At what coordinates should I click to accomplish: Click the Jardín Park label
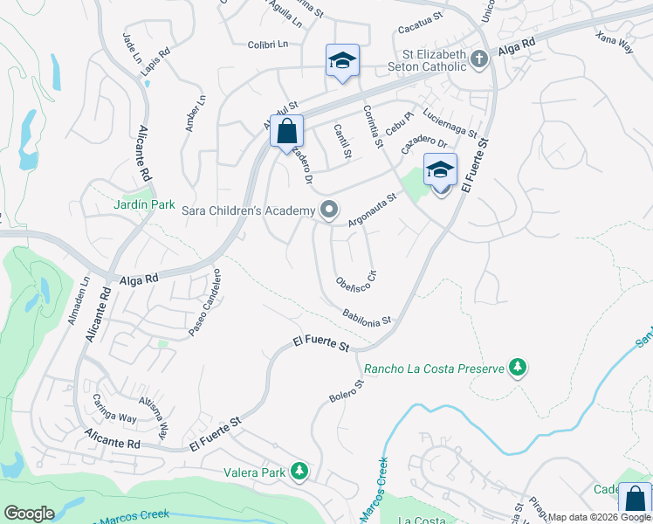(x=145, y=204)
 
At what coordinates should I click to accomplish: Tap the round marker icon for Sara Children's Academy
(x=329, y=210)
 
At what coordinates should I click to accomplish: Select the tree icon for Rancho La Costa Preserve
(x=519, y=367)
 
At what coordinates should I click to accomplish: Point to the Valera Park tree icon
(x=300, y=472)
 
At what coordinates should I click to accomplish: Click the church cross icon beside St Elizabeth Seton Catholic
(x=478, y=59)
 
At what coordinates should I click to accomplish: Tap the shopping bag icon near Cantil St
(x=286, y=132)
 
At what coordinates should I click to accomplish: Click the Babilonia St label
(x=367, y=317)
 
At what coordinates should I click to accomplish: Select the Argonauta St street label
(x=372, y=210)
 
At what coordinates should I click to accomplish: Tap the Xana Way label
(x=615, y=45)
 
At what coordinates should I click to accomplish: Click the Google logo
(x=30, y=514)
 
